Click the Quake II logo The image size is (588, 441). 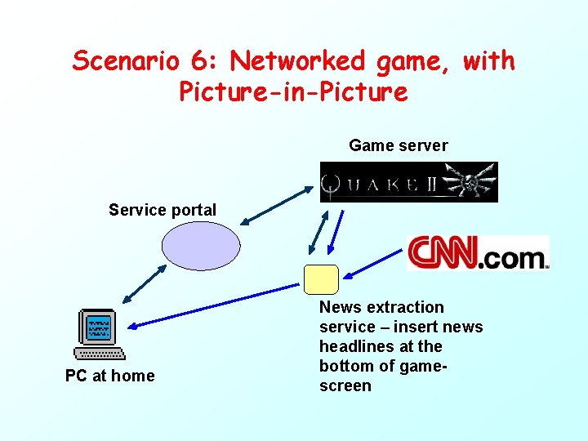pos(408,181)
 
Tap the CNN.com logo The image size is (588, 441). pos(478,253)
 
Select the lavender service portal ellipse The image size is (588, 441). pos(201,245)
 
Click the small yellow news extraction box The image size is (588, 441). pos(320,278)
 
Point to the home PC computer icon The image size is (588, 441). pos(99,334)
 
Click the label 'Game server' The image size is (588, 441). pos(398,145)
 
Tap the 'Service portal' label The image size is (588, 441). pos(163,210)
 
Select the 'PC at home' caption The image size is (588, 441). pos(109,376)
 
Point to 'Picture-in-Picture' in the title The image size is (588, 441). pos(293,91)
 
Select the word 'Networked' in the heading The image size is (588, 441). pos(298,61)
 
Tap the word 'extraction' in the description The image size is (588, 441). pos(405,307)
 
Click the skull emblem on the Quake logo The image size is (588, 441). pos(472,181)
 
